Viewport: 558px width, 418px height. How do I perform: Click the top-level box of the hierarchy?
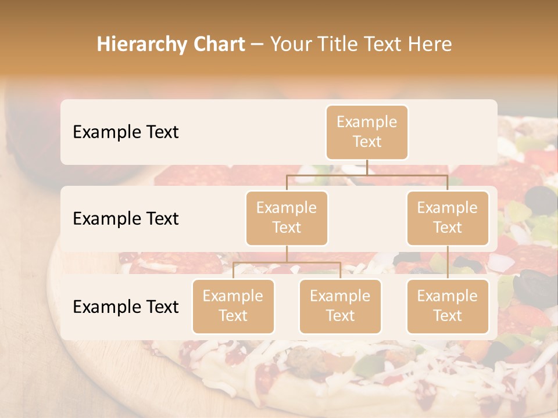tap(367, 132)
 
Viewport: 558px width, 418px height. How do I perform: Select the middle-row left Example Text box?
tap(287, 218)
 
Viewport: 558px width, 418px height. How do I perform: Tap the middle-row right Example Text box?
tap(448, 218)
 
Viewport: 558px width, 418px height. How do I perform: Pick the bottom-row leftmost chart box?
tap(233, 306)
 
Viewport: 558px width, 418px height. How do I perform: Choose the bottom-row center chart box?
tap(340, 306)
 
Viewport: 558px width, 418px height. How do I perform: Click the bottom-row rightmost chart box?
tap(448, 306)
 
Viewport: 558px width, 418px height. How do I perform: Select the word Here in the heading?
tap(431, 44)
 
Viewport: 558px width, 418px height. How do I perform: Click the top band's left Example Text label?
tap(126, 132)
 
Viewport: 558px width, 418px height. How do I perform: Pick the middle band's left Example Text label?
tap(126, 219)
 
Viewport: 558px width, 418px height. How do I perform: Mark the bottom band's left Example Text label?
tap(126, 307)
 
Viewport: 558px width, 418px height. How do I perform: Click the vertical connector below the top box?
tap(367, 167)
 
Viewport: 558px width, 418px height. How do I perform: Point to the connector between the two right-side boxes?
tap(448, 262)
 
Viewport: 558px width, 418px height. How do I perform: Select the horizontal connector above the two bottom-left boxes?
tap(287, 262)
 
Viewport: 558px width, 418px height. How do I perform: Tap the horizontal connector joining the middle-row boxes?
tap(367, 175)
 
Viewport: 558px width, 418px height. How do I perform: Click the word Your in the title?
tap(289, 44)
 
